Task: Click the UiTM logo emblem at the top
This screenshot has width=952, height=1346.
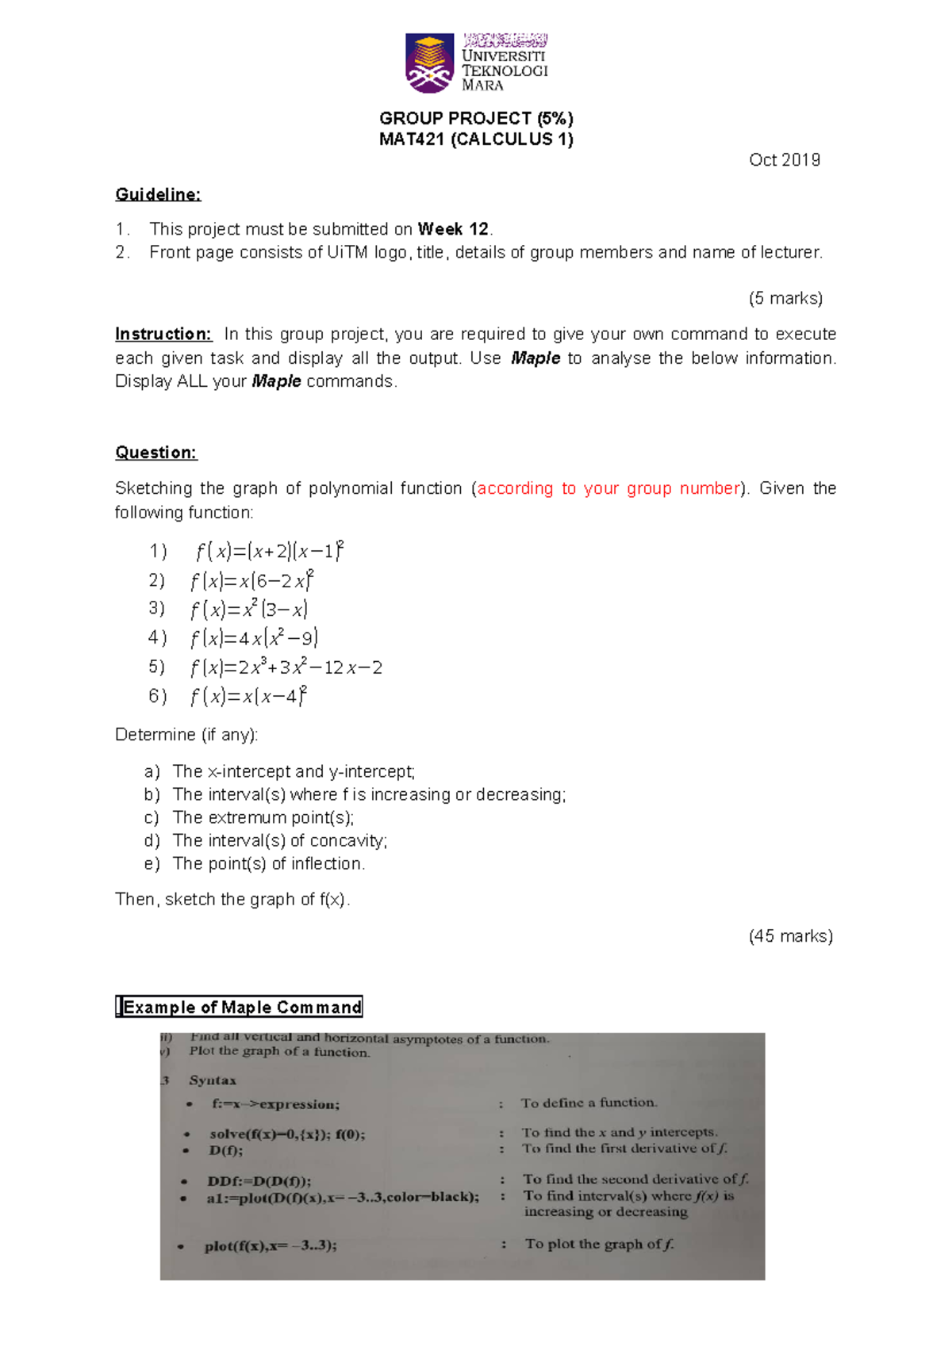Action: [429, 63]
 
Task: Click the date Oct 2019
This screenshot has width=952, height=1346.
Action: [784, 160]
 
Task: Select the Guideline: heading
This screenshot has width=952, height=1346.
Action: [158, 194]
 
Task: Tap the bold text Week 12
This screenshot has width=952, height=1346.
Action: [453, 229]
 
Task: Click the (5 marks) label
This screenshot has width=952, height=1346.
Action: [785, 298]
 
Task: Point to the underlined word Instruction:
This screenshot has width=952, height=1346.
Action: [163, 334]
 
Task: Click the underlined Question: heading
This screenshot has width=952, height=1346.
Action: [155, 453]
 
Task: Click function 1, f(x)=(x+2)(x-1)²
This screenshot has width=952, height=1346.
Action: [269, 551]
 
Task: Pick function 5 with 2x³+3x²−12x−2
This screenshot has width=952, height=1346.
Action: [286, 667]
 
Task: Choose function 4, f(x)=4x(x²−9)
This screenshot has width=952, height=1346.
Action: [254, 638]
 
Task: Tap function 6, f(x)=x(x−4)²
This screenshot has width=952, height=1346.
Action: [248, 697]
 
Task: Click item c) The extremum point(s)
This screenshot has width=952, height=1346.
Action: [263, 817]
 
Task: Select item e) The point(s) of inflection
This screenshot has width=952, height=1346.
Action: [268, 863]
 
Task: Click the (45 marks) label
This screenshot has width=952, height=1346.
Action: [790, 936]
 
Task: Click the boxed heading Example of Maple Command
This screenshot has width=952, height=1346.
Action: [239, 1008]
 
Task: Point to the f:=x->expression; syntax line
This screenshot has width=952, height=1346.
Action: [275, 1104]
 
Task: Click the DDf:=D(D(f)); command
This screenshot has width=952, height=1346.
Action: [259, 1181]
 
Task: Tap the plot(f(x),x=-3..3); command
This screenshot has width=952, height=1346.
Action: [271, 1245]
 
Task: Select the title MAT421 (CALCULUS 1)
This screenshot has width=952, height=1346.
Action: [476, 140]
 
